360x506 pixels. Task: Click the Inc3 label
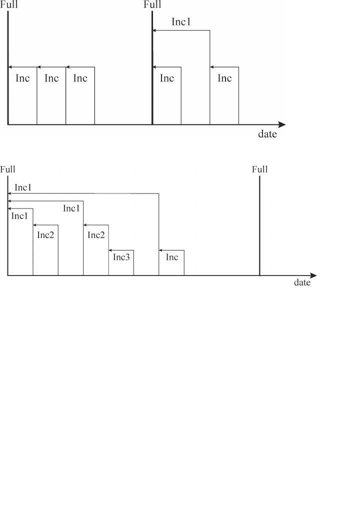click(x=121, y=257)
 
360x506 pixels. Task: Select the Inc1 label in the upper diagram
click(x=181, y=22)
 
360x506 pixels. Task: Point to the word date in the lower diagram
click(x=302, y=282)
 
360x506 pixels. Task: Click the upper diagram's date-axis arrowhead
click(x=282, y=124)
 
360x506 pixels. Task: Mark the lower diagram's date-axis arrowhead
click(x=313, y=275)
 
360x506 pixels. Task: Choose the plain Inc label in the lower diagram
click(x=171, y=257)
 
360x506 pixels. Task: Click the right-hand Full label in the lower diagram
click(x=260, y=169)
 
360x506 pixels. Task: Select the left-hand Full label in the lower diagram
click(x=7, y=169)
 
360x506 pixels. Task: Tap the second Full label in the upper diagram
click(x=152, y=5)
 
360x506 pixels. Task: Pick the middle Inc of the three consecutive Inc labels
click(x=51, y=78)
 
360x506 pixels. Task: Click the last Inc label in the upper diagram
click(x=224, y=78)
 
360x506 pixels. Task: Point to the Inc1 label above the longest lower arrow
click(x=23, y=187)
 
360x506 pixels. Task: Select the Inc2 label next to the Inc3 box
click(x=95, y=234)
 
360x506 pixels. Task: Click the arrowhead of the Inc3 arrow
click(x=110, y=249)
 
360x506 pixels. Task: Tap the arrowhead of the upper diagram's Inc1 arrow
click(x=154, y=30)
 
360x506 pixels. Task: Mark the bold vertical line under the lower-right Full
click(x=260, y=225)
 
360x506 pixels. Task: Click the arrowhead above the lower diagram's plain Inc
click(x=161, y=249)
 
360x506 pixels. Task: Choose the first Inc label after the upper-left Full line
click(x=22, y=78)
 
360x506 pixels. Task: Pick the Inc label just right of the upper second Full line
click(x=166, y=78)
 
